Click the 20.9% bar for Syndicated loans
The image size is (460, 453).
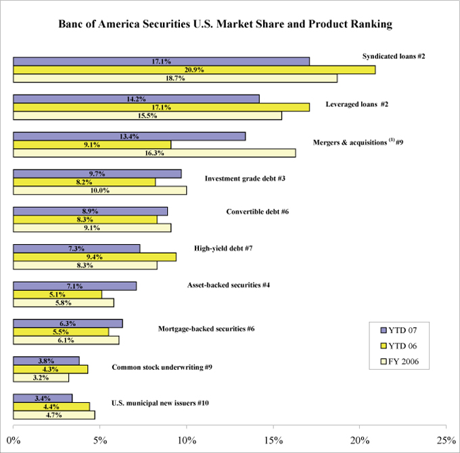click(x=194, y=70)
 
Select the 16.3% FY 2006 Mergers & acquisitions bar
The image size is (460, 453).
click(x=154, y=153)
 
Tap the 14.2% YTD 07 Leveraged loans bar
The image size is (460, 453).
click(x=136, y=99)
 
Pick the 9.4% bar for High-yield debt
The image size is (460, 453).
click(x=95, y=257)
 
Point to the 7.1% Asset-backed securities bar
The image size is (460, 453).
click(x=74, y=286)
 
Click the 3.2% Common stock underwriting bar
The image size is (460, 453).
click(x=41, y=377)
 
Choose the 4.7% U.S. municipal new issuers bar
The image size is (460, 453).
click(x=54, y=414)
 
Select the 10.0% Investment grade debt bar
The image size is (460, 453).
click(x=99, y=190)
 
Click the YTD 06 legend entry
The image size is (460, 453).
click(x=399, y=346)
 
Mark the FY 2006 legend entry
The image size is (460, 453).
click(x=399, y=362)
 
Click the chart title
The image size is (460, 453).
click(x=230, y=25)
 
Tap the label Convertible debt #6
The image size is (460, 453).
click(x=258, y=212)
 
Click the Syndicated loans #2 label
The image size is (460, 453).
click(x=393, y=55)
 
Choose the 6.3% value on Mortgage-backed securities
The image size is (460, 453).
click(x=68, y=323)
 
